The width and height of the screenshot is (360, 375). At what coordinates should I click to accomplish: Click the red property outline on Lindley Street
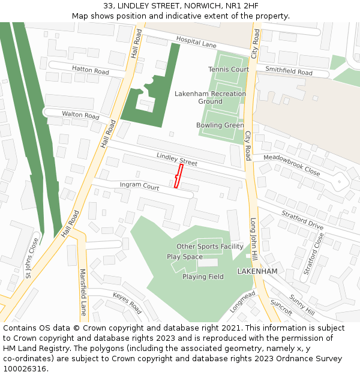pyautogui.click(x=178, y=176)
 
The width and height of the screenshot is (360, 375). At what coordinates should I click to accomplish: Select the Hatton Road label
pyautogui.click(x=90, y=70)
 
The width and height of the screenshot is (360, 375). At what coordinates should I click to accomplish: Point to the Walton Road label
pyautogui.click(x=80, y=115)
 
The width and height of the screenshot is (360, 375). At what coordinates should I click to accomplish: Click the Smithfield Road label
pyautogui.click(x=289, y=72)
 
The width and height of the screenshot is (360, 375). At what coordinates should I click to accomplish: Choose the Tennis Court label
pyautogui.click(x=229, y=70)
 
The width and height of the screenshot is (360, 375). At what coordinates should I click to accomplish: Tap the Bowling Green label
pyautogui.click(x=220, y=125)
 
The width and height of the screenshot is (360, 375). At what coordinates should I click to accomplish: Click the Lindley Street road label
pyautogui.click(x=177, y=159)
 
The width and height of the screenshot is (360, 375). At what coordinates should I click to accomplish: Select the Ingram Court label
pyautogui.click(x=139, y=186)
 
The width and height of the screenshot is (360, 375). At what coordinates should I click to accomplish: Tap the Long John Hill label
pyautogui.click(x=254, y=239)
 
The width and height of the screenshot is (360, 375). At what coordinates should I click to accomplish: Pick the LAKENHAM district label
pyautogui.click(x=257, y=271)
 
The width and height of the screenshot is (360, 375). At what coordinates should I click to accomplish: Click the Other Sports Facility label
pyautogui.click(x=209, y=247)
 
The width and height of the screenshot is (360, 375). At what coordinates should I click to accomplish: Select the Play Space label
pyautogui.click(x=185, y=257)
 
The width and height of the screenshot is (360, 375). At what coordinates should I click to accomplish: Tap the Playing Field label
pyautogui.click(x=203, y=277)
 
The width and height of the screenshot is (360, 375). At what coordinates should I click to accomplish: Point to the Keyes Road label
pyautogui.click(x=127, y=303)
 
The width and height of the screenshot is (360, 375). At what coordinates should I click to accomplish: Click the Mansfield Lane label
pyautogui.click(x=83, y=292)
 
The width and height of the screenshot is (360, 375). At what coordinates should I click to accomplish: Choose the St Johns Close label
pyautogui.click(x=32, y=258)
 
